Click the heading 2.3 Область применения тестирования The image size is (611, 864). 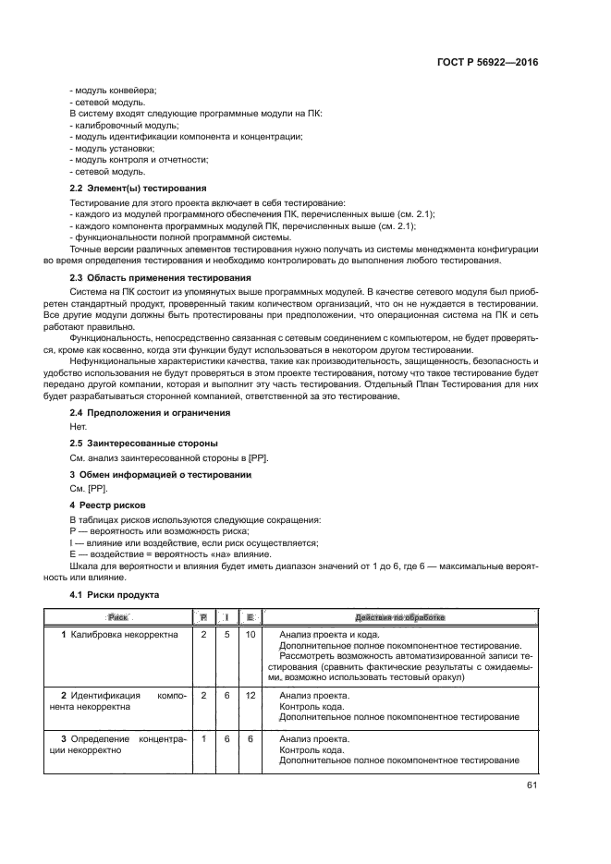pyautogui.click(x=160, y=278)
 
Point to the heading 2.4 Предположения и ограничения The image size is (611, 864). pyautogui.click(x=151, y=412)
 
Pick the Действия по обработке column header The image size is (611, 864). pyautogui.click(x=398, y=616)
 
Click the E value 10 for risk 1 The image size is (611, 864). pyautogui.click(x=249, y=635)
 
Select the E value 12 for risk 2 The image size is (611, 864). pyautogui.click(x=249, y=695)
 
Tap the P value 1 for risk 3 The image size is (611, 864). pyautogui.click(x=203, y=739)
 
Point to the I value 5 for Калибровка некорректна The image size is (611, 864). pyautogui.click(x=226, y=635)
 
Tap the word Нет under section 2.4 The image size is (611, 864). pyautogui.click(x=79, y=427)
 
